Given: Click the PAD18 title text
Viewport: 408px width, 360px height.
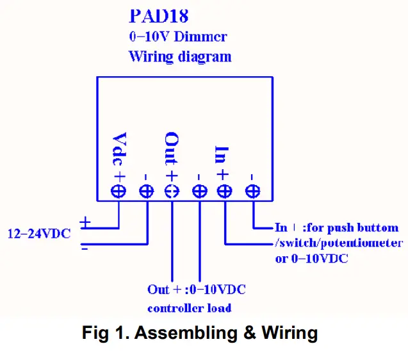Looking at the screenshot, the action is point(159,16).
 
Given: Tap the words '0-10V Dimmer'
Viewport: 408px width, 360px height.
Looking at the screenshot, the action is point(178,37).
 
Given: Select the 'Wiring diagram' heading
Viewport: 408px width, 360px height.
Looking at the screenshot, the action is point(180,56).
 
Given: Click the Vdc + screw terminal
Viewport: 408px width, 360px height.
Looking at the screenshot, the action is point(118,192).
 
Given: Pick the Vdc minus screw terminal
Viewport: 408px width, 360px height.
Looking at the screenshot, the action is point(147,192).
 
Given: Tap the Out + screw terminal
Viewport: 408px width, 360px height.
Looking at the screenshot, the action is point(172,192).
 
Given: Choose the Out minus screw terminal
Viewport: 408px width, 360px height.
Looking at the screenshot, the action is point(200,192).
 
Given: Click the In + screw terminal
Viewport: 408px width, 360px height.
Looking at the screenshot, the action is point(225,192).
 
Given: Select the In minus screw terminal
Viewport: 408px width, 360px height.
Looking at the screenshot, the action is point(252,192).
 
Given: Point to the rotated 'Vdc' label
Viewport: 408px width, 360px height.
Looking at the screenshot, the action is point(119,149).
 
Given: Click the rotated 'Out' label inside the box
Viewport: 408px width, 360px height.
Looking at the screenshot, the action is point(172,149).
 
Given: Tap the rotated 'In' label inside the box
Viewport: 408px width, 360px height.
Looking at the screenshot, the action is point(222,154).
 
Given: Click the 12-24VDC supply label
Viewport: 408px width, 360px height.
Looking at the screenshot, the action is point(39,234).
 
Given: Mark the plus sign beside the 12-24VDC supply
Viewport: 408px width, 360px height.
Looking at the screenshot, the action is point(85,222).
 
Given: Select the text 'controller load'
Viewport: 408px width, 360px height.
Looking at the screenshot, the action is point(189,308).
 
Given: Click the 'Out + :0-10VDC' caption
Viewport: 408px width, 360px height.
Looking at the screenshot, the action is point(197,290).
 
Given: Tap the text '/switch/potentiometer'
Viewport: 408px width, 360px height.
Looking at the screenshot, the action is point(339,243).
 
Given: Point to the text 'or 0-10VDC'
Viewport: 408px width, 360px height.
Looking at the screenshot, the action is point(311,259).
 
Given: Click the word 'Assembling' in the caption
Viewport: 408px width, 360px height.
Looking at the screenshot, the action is point(186,333).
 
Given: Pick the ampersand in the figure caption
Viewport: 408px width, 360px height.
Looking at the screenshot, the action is point(250,332).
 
